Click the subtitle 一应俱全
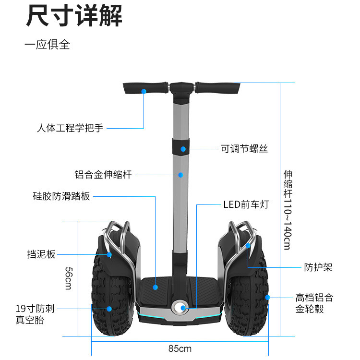pos(47,45)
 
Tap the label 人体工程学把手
pos(70,128)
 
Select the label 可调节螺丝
pos(244,149)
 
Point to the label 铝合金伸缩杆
pos(103,175)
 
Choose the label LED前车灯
pos(246,205)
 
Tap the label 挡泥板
pos(41,254)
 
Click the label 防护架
pos(318,267)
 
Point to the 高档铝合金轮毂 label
pos(314,303)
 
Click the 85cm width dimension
pos(180,348)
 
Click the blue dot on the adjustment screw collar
pos(183,149)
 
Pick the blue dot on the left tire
pos(109,309)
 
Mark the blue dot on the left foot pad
pos(156,287)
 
